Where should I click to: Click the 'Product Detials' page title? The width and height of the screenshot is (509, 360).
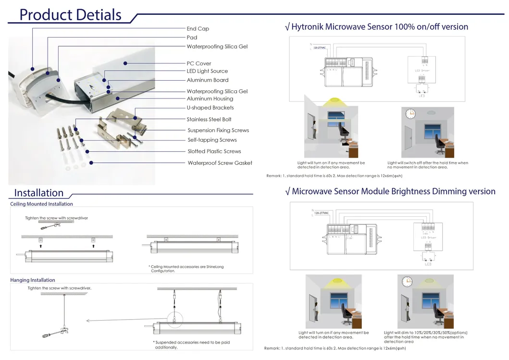pos(70,14)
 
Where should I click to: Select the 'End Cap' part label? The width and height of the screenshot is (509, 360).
pos(198,29)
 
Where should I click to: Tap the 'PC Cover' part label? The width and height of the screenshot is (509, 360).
pos(199,63)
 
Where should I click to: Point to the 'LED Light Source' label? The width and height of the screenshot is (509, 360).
pos(207,71)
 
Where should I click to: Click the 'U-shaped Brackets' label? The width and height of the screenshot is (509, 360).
pos(210,108)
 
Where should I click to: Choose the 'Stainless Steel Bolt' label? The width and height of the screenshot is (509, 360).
pos(209,120)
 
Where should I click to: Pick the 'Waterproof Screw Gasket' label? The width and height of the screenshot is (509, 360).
pos(220,163)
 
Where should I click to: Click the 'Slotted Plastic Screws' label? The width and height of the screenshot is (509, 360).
pos(214,151)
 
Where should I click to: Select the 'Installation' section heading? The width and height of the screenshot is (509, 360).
pos(39,193)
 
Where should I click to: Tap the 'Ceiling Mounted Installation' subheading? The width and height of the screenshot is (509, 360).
pos(41,204)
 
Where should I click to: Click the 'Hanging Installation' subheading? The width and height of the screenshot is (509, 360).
pos(33,280)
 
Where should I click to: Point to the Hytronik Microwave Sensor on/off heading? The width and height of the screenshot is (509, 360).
pos(376,27)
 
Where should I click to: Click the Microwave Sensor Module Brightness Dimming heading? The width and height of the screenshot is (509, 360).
pos(390,191)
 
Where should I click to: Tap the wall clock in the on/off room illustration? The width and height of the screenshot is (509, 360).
pos(410,114)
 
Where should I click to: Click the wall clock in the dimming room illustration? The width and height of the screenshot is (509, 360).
pos(407,281)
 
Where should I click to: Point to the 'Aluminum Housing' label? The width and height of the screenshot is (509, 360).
pos(210,99)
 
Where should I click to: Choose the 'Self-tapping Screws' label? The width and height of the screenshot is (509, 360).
pos(212,140)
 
